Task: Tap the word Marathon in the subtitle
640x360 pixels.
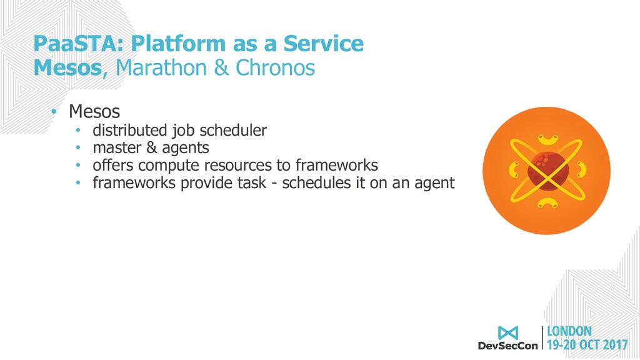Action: click(161, 67)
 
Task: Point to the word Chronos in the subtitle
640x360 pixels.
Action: click(276, 67)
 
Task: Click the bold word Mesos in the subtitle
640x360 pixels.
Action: click(67, 67)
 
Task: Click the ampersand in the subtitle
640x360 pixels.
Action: click(221, 67)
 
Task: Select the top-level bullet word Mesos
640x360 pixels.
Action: click(94, 111)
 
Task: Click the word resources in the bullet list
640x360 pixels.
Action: click(238, 165)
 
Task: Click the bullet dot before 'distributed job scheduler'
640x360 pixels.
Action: click(78, 131)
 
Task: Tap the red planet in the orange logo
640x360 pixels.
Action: click(547, 170)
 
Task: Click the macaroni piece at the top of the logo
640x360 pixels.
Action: click(547, 140)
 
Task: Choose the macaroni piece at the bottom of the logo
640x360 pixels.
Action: click(547, 202)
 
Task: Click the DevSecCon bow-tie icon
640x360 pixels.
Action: click(507, 332)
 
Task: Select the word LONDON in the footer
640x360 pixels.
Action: click(569, 331)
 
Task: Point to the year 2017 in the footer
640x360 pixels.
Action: click(615, 345)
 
